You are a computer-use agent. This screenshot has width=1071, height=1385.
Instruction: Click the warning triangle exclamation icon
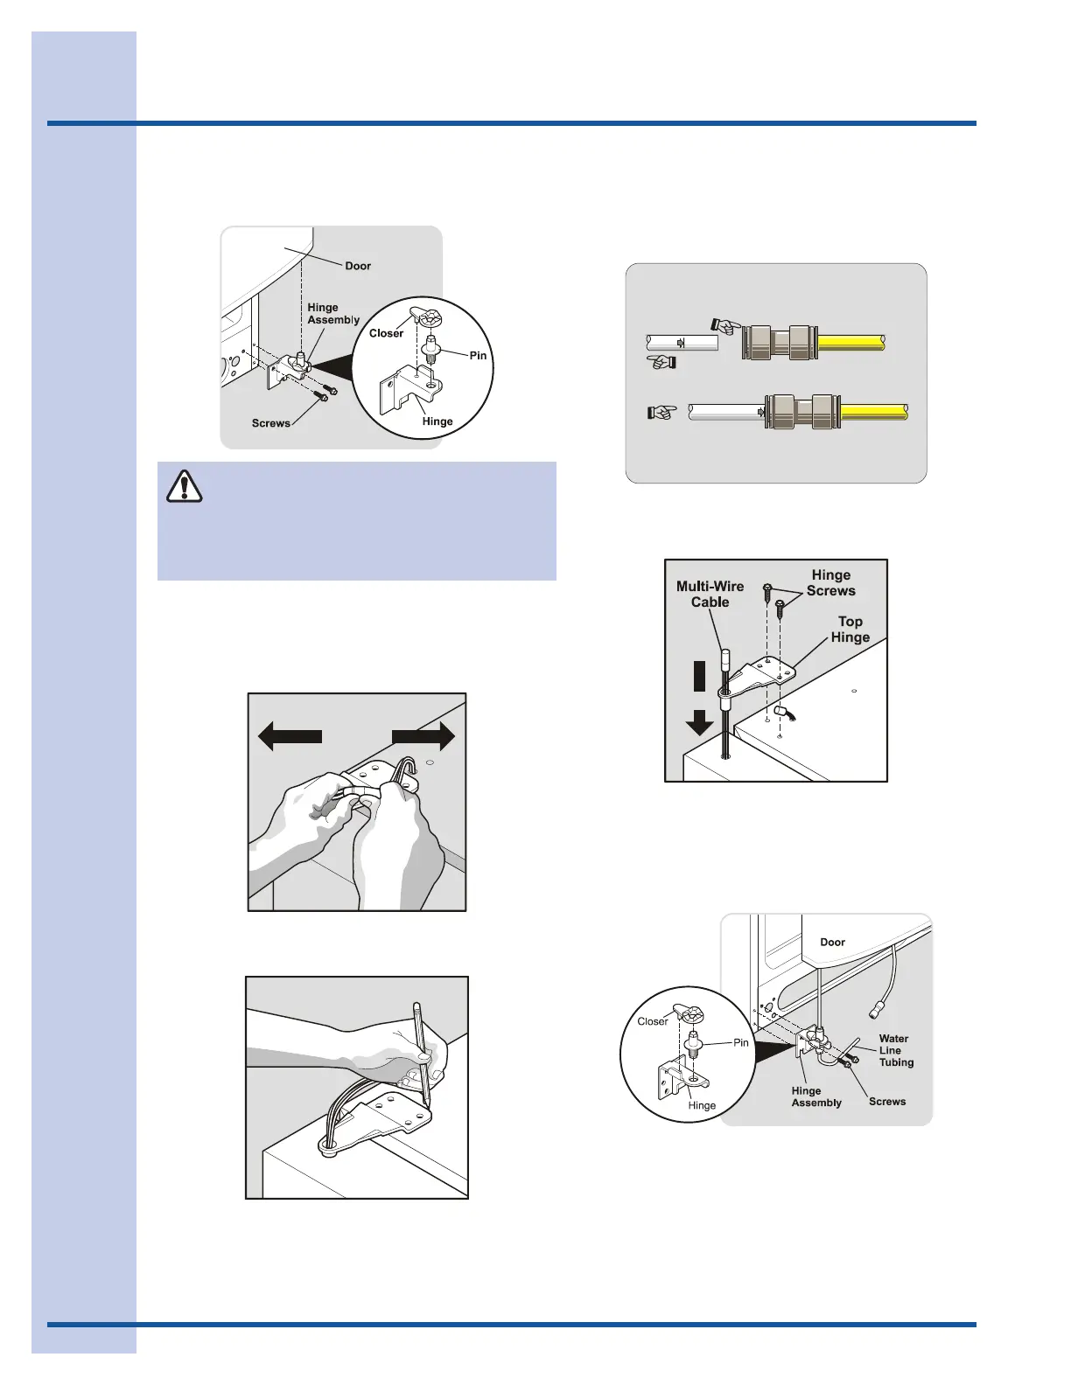coord(184,486)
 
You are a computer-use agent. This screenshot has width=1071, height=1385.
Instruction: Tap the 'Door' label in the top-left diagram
coord(358,266)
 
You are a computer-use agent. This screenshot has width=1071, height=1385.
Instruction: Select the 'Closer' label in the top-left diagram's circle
coord(386,333)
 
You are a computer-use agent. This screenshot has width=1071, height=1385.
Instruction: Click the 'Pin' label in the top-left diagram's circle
coord(478,355)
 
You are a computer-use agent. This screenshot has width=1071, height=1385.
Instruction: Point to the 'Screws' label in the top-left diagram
coord(270,423)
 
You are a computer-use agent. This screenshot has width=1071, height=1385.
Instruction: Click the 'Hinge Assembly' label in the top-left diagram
coord(332,314)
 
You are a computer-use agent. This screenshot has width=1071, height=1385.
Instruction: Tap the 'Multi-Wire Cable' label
coord(710,595)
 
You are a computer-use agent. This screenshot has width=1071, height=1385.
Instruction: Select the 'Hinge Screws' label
coord(830,583)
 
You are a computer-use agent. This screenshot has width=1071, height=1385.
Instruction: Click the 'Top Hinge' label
coord(850,630)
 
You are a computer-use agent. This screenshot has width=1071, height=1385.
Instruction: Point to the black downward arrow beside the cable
coord(698,699)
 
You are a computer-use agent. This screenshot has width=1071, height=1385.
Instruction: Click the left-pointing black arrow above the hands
coord(290,737)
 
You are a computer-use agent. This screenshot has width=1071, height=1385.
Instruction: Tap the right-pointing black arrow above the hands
coord(423,737)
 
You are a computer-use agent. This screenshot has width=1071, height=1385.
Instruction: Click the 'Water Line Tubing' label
coord(896,1050)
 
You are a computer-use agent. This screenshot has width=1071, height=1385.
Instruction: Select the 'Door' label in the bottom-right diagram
coord(832,943)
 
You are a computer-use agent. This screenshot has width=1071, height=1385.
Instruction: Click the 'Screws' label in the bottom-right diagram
coord(886,1102)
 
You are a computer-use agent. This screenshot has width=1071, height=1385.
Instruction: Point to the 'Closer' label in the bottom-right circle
coord(652,1021)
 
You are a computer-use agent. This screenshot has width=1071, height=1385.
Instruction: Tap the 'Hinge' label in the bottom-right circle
coord(702,1105)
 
